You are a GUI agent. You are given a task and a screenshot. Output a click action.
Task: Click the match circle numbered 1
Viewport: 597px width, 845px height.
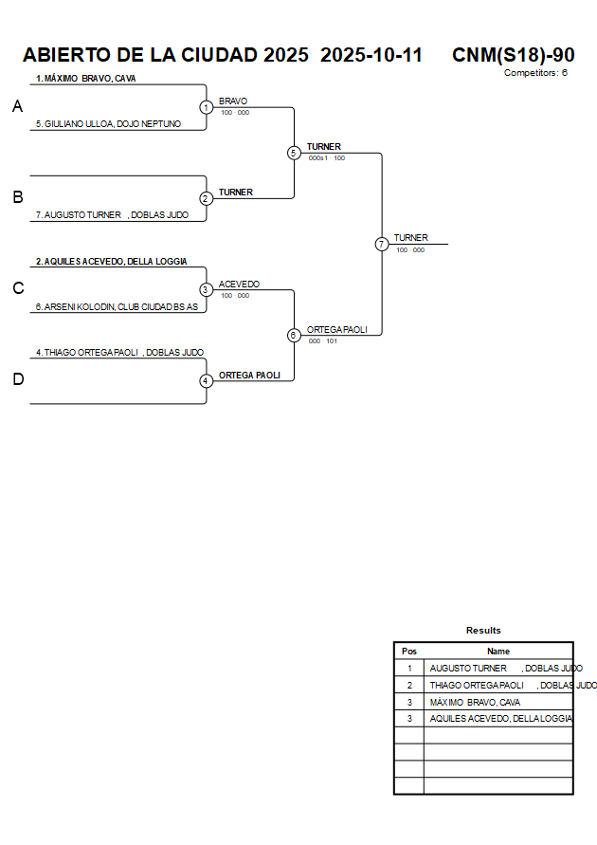click(206, 107)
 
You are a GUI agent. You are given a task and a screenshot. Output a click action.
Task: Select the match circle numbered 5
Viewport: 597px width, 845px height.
click(294, 153)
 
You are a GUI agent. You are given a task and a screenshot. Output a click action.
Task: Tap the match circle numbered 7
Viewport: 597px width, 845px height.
click(381, 244)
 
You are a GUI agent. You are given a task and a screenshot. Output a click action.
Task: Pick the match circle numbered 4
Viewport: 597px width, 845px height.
click(206, 381)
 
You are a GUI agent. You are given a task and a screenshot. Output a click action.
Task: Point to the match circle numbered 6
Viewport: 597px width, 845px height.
click(294, 335)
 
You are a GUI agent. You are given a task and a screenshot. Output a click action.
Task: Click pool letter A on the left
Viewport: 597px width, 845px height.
click(17, 107)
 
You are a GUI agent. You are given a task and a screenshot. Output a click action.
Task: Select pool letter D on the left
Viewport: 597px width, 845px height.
click(17, 379)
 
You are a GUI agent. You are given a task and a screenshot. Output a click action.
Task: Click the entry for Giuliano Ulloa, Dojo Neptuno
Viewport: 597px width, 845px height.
click(108, 124)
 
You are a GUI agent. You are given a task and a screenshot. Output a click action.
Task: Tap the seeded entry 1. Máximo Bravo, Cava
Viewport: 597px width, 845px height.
click(86, 79)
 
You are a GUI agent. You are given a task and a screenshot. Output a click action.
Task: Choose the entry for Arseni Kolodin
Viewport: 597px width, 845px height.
click(117, 307)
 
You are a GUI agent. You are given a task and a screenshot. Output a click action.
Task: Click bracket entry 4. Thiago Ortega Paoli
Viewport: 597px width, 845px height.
click(119, 353)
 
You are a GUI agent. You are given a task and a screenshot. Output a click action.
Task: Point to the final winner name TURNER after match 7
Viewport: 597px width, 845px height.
click(411, 238)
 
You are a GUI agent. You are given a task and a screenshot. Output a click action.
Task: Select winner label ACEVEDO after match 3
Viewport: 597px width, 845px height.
click(239, 285)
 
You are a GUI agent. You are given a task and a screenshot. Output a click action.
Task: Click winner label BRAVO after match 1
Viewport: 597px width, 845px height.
click(233, 101)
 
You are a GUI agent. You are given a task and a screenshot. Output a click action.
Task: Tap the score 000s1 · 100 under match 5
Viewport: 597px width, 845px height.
click(326, 158)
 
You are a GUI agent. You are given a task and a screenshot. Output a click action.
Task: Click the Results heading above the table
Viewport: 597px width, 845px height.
click(483, 631)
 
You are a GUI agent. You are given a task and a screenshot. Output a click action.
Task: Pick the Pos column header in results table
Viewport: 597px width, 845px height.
click(409, 652)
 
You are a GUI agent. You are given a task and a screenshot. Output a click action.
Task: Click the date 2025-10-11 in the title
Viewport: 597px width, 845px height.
click(371, 55)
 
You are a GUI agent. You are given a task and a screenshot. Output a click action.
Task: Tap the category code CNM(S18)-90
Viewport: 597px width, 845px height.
click(513, 55)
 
